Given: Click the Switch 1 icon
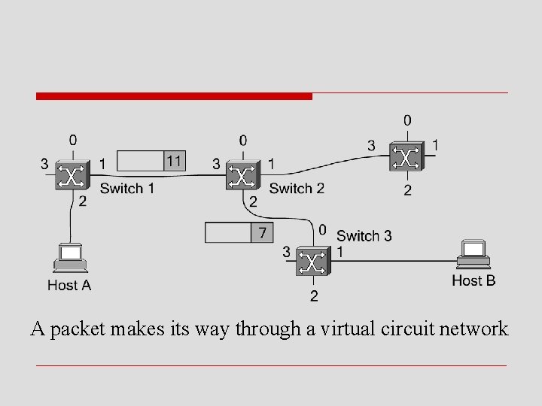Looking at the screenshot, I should click(72, 176).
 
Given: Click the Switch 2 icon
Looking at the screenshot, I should click(242, 176).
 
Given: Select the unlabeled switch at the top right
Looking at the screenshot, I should click(407, 157).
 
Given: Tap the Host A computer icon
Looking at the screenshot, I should click(69, 257).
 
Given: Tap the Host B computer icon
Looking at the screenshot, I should click(474, 254).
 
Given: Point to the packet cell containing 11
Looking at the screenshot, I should click(175, 160).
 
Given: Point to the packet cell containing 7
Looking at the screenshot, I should click(261, 232).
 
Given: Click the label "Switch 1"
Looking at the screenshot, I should click(126, 188).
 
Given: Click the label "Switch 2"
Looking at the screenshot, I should click(297, 188).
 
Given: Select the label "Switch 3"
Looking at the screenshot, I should click(364, 236).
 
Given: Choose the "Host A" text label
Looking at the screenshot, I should click(69, 285).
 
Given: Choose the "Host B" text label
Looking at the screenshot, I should click(473, 280).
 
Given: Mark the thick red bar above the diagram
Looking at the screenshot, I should click(174, 96).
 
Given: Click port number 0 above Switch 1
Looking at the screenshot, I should click(72, 140).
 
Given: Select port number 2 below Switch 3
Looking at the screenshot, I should click(313, 295).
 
